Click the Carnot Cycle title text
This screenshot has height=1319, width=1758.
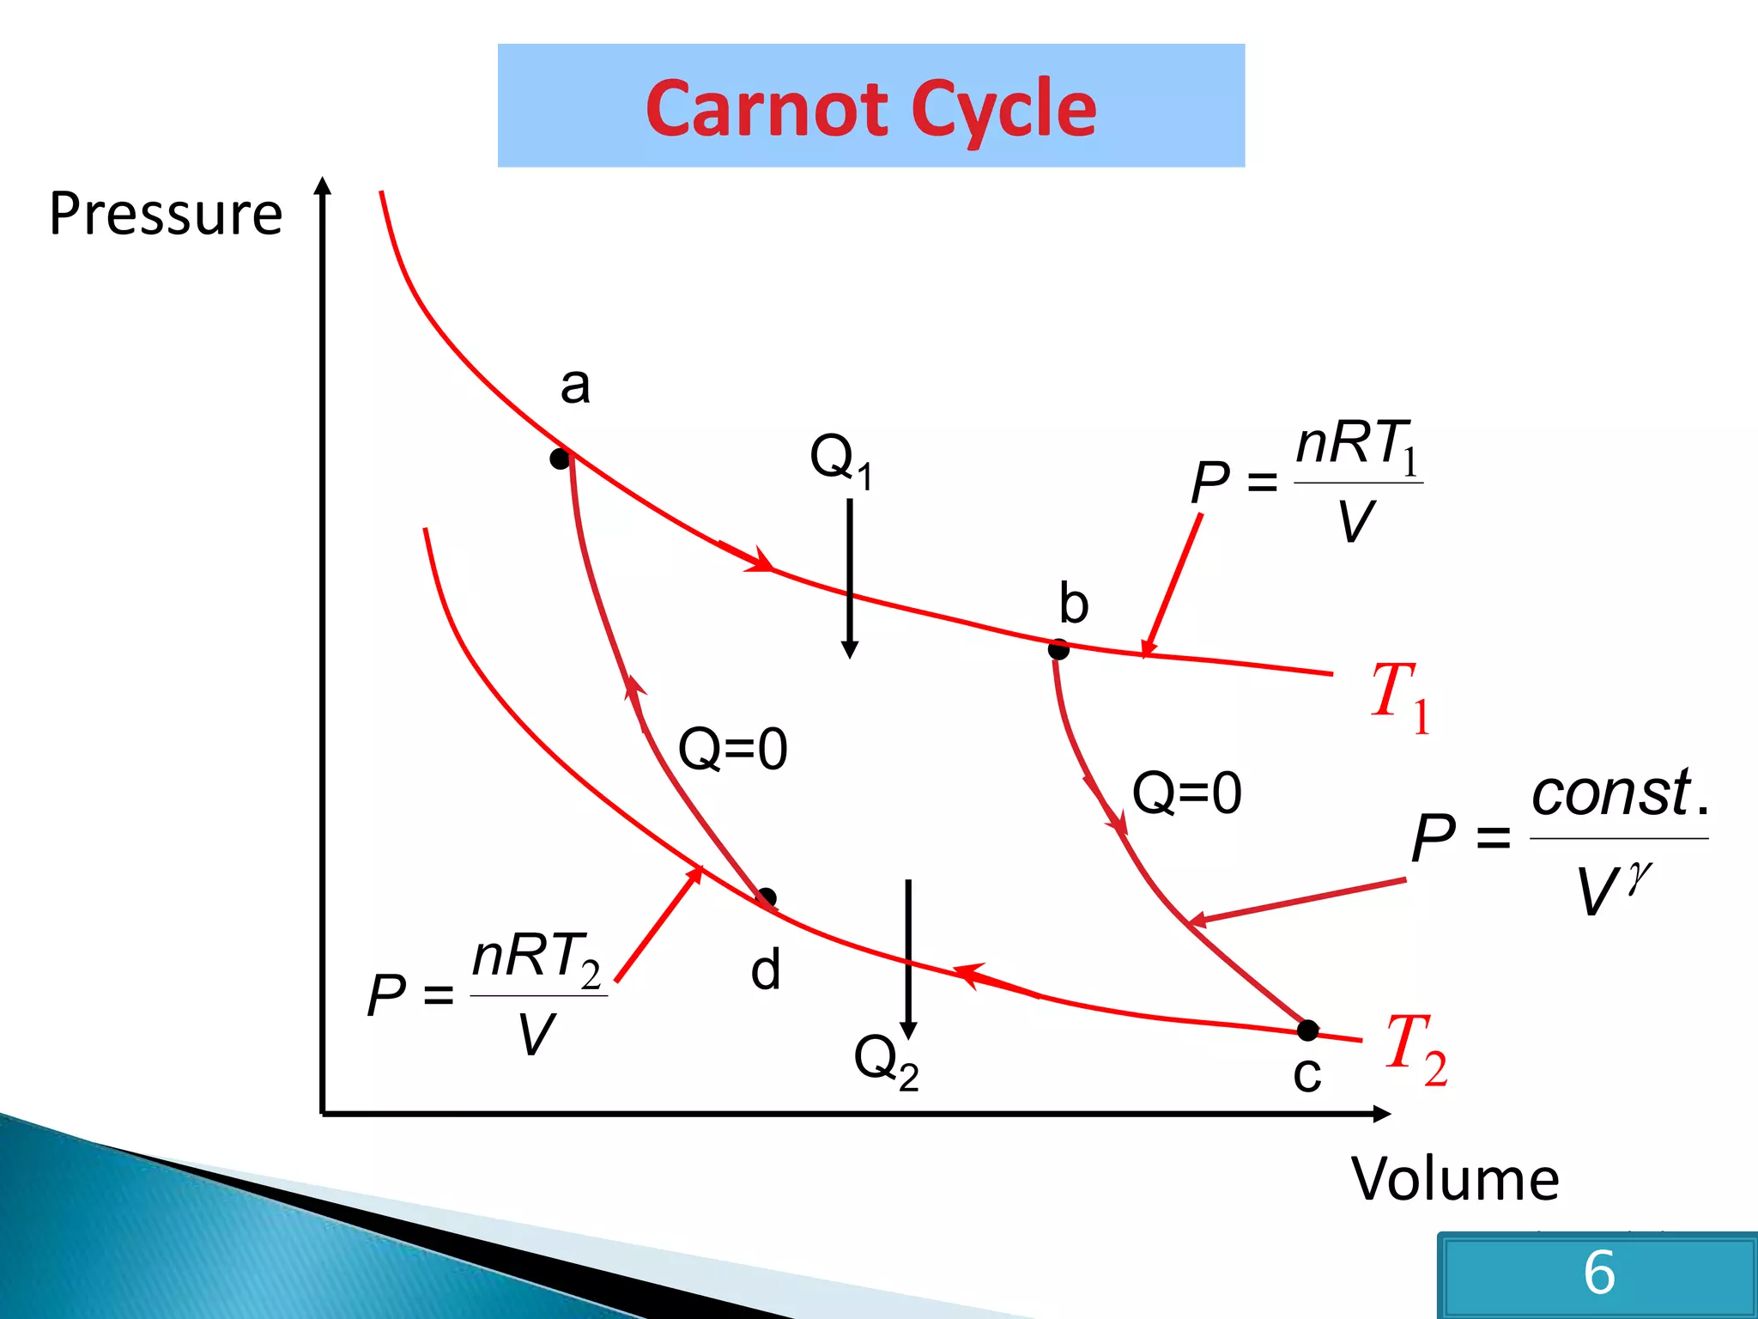(870, 107)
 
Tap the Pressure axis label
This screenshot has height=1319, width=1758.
(166, 214)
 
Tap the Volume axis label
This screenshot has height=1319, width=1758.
(1454, 1179)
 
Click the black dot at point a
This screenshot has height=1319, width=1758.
(560, 459)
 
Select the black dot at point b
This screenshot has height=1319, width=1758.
(1058, 650)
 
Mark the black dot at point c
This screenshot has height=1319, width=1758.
(1307, 1030)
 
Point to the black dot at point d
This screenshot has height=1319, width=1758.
(767, 898)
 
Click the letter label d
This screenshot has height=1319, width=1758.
(765, 971)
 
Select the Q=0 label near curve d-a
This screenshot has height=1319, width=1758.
(732, 748)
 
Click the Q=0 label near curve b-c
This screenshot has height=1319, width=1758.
(1186, 793)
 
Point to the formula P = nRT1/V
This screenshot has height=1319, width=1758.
(1306, 481)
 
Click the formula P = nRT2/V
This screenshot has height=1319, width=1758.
(488, 994)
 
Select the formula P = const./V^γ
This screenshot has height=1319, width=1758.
(1559, 839)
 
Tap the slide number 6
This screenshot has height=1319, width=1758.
(1598, 1272)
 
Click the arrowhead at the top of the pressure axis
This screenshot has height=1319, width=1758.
(323, 185)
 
